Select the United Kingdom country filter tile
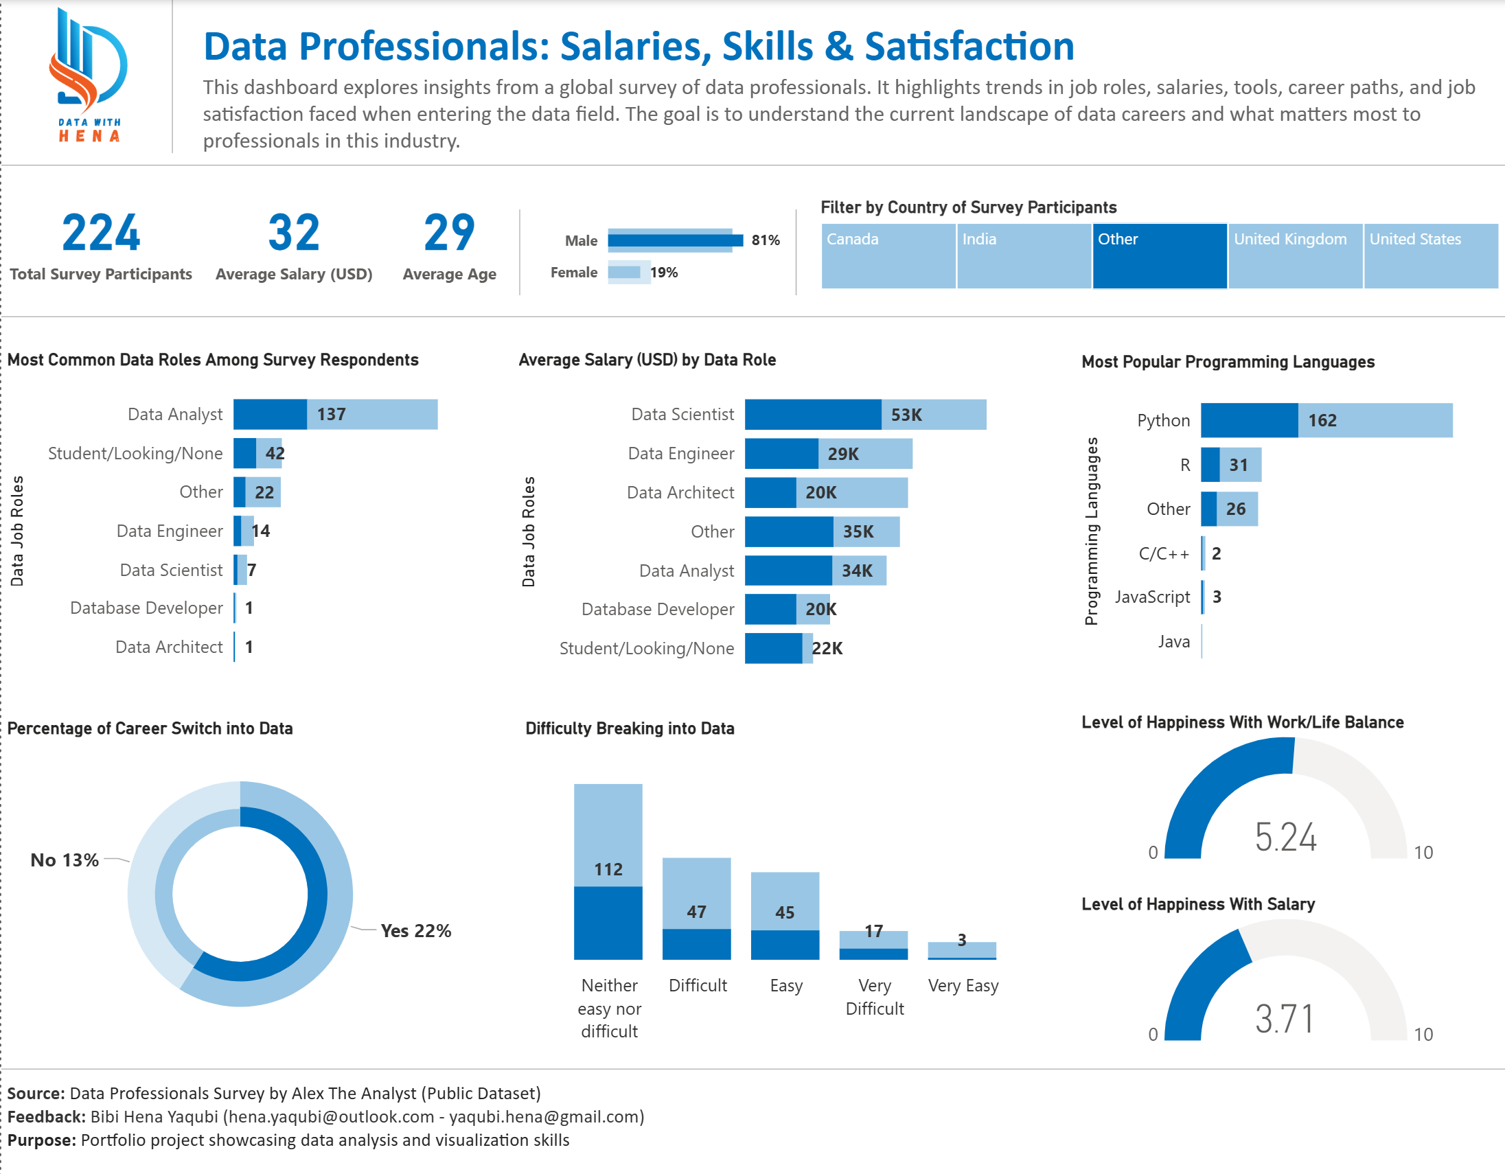coord(1295,255)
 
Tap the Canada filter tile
coord(888,255)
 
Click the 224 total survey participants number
coord(101,233)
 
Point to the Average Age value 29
coord(448,233)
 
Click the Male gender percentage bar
coord(675,240)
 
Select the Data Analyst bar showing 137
coord(335,414)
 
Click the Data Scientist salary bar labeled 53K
coord(865,415)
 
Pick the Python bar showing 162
coord(1326,420)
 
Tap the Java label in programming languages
coord(1173,641)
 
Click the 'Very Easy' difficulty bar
coord(961,950)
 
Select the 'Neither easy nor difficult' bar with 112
coord(608,871)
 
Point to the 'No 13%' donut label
coord(65,860)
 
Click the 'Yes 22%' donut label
coord(415,931)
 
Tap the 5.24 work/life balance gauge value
coord(1285,837)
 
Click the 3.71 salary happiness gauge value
coord(1285,1019)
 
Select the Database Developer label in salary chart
coord(657,609)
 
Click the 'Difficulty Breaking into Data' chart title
coord(629,728)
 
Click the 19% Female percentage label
coord(664,272)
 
